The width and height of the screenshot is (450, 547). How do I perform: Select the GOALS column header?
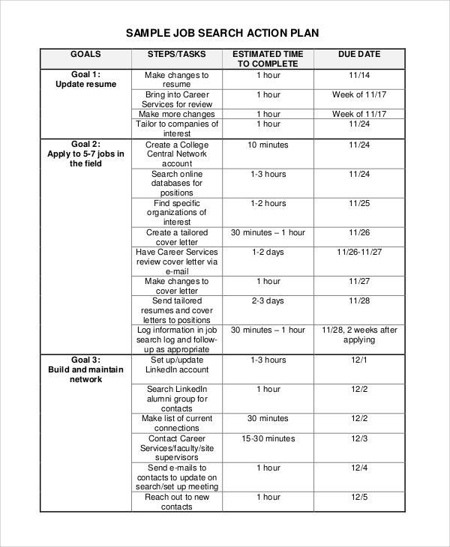point(85,55)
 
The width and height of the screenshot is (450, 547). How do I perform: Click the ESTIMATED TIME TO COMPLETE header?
point(268,59)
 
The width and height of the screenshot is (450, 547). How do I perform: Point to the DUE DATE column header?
point(359,55)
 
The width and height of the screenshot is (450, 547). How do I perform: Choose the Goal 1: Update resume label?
point(85,79)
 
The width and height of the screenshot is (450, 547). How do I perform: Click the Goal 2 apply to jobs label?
point(85,154)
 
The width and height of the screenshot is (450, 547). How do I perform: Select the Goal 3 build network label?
point(85,369)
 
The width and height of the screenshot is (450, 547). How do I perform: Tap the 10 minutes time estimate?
point(268,145)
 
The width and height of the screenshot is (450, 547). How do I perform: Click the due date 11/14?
point(359,76)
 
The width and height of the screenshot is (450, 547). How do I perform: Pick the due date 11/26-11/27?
point(359,253)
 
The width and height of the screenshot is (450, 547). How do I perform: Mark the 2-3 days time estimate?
point(268,301)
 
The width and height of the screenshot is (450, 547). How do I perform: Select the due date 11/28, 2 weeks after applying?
point(359,334)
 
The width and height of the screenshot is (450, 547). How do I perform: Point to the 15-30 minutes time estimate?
point(268,438)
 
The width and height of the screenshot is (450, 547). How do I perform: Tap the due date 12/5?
point(359,497)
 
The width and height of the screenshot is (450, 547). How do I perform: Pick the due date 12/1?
point(359,360)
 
